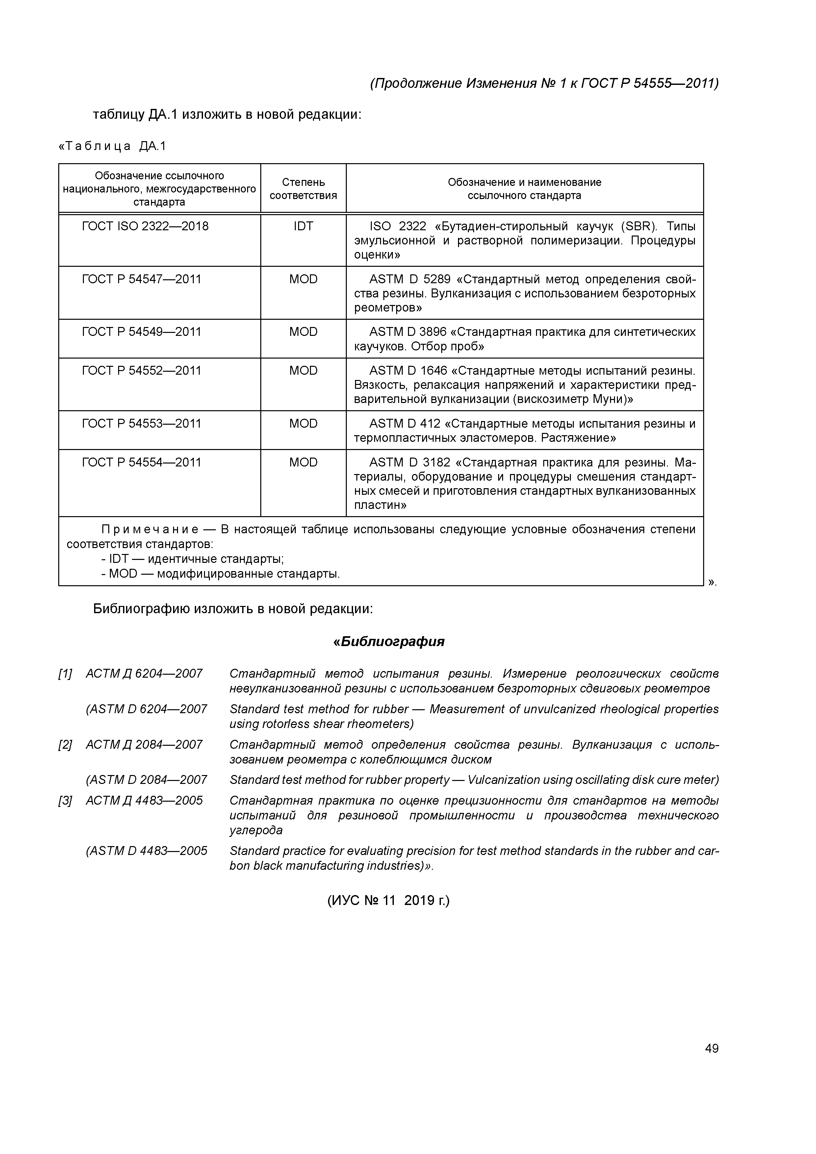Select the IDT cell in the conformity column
(x=303, y=226)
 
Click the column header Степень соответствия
(x=303, y=188)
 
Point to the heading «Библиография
(x=389, y=642)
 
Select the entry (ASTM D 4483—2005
(x=146, y=851)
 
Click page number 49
(x=711, y=1048)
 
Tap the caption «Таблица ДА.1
(x=112, y=146)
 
